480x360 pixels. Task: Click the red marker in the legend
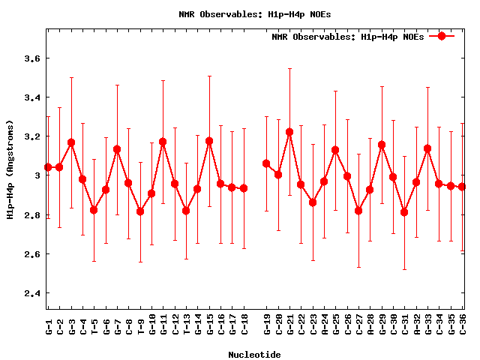coord(442,36)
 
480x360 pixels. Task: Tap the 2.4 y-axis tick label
coord(33,293)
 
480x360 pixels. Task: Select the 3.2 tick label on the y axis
coord(33,136)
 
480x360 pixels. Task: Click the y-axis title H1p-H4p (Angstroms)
coord(10,169)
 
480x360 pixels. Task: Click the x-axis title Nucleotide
coord(255,355)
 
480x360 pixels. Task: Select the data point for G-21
coord(289,132)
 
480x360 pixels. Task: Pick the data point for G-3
coord(71,142)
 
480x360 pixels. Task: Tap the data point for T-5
coord(94,210)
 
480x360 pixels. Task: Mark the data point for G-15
coord(209,141)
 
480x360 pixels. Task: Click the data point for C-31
coord(404,212)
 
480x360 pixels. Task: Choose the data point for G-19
coord(266,163)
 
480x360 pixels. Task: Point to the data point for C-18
coord(244,188)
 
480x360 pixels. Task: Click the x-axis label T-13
coord(186,325)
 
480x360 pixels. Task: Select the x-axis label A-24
coord(324,325)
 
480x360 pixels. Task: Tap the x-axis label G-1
coord(49,325)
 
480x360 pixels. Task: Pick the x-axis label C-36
coord(463,325)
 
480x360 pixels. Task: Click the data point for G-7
coord(117,149)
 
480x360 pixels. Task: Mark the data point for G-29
coord(382,145)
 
